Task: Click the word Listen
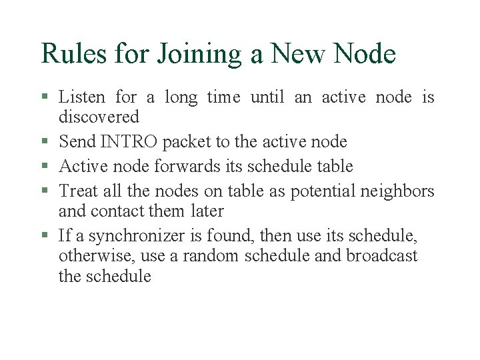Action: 81,97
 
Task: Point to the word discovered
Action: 99,117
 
